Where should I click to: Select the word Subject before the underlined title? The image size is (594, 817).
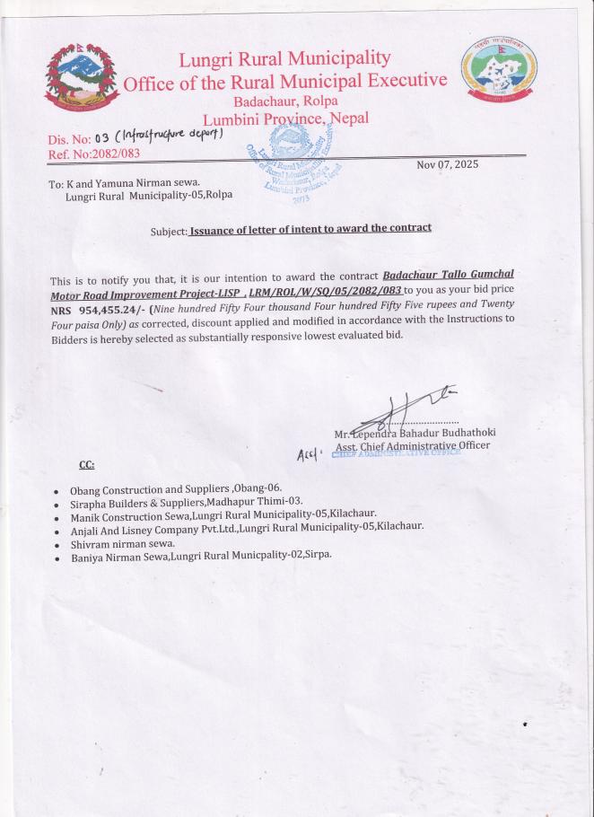pos(169,230)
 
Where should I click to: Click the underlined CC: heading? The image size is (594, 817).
pos(87,465)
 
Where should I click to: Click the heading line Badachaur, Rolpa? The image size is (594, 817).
pos(285,101)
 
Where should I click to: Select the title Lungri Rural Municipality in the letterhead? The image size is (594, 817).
pos(284,59)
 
